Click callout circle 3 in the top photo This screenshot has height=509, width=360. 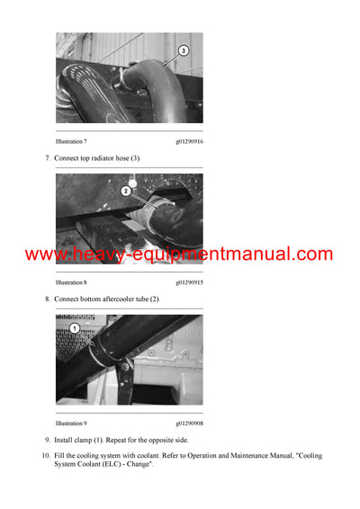pos(184,51)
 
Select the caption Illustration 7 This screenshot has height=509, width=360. pos(71,141)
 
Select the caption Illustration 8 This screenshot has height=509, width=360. pos(71,282)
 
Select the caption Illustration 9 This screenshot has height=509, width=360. pos(71,422)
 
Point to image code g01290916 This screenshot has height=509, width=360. pos(189,141)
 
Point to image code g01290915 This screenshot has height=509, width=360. pos(189,282)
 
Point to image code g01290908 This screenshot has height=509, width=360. pos(189,422)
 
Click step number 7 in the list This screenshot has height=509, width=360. pos(47,158)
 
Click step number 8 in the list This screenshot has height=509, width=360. pos(47,299)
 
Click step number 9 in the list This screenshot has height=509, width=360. pos(47,440)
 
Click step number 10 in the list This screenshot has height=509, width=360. pos(45,456)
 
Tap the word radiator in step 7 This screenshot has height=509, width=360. pos(107,158)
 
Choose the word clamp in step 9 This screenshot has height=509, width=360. pos(89,440)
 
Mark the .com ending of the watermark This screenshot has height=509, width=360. pos(310,255)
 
